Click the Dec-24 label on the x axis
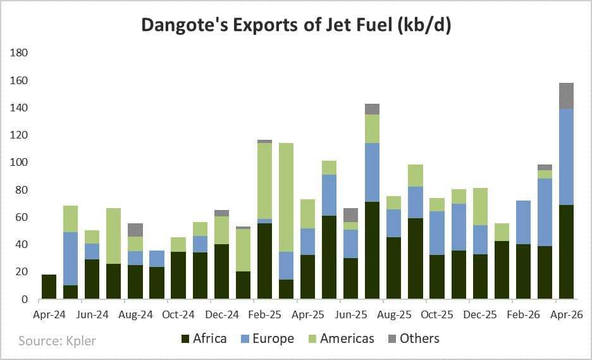223,314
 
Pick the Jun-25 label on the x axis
352,314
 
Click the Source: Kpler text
57,340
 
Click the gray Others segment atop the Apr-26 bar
566,96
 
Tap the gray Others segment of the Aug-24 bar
135,230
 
